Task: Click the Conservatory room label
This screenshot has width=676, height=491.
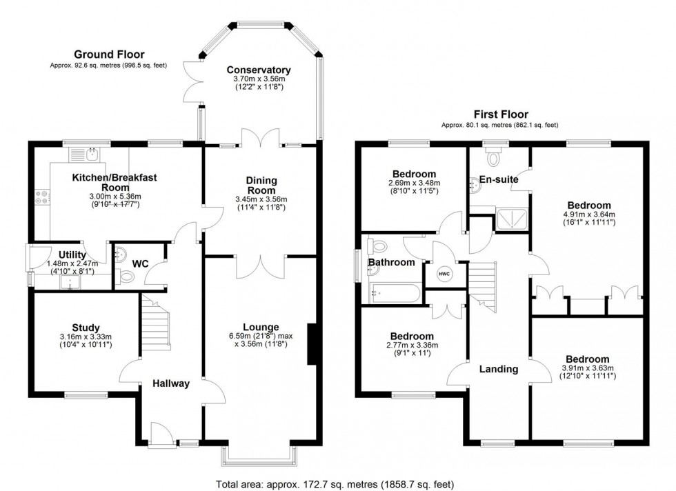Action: [x=259, y=70]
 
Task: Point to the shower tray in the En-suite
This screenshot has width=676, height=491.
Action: [x=511, y=219]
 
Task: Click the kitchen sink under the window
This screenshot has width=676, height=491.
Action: [x=85, y=154]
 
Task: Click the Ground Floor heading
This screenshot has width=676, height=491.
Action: [x=103, y=54]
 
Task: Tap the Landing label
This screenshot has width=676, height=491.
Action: [x=499, y=369]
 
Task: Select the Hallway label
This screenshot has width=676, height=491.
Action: [x=170, y=383]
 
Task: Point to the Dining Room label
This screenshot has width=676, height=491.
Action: [x=261, y=185]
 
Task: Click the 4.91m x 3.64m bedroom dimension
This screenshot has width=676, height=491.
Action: [x=588, y=214]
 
